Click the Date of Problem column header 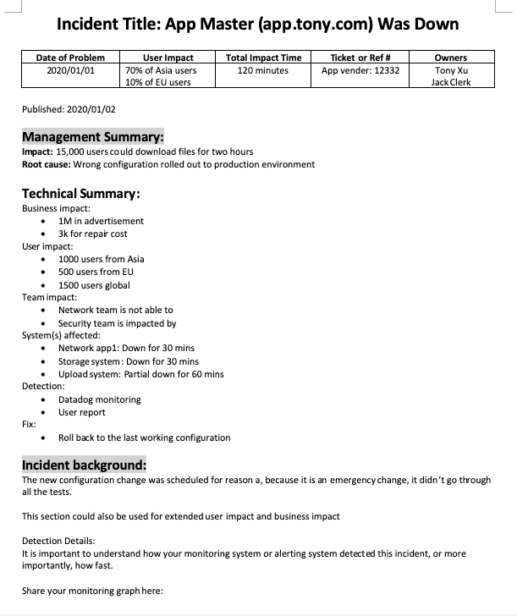[x=70, y=58]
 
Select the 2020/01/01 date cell [x=70, y=70]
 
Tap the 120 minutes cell [x=263, y=70]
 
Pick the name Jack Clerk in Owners [x=450, y=82]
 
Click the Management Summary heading [x=92, y=137]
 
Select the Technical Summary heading [x=80, y=193]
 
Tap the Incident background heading [x=84, y=465]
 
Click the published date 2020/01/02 [x=69, y=109]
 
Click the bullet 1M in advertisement [x=101, y=221]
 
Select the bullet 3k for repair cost [x=92, y=234]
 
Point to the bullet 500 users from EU [x=96, y=272]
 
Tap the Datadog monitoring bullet [x=99, y=399]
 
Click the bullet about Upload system [x=140, y=374]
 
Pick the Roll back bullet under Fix [x=144, y=437]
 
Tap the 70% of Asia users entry [x=160, y=70]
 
